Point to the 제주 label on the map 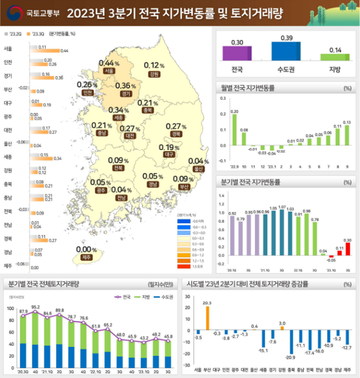click(x=86, y=257)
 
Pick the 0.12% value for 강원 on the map click(x=154, y=65)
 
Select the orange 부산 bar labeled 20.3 click(x=207, y=317)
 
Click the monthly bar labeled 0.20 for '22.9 click(x=235, y=130)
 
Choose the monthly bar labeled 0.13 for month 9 click(x=347, y=136)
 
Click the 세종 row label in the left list click(x=8, y=157)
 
